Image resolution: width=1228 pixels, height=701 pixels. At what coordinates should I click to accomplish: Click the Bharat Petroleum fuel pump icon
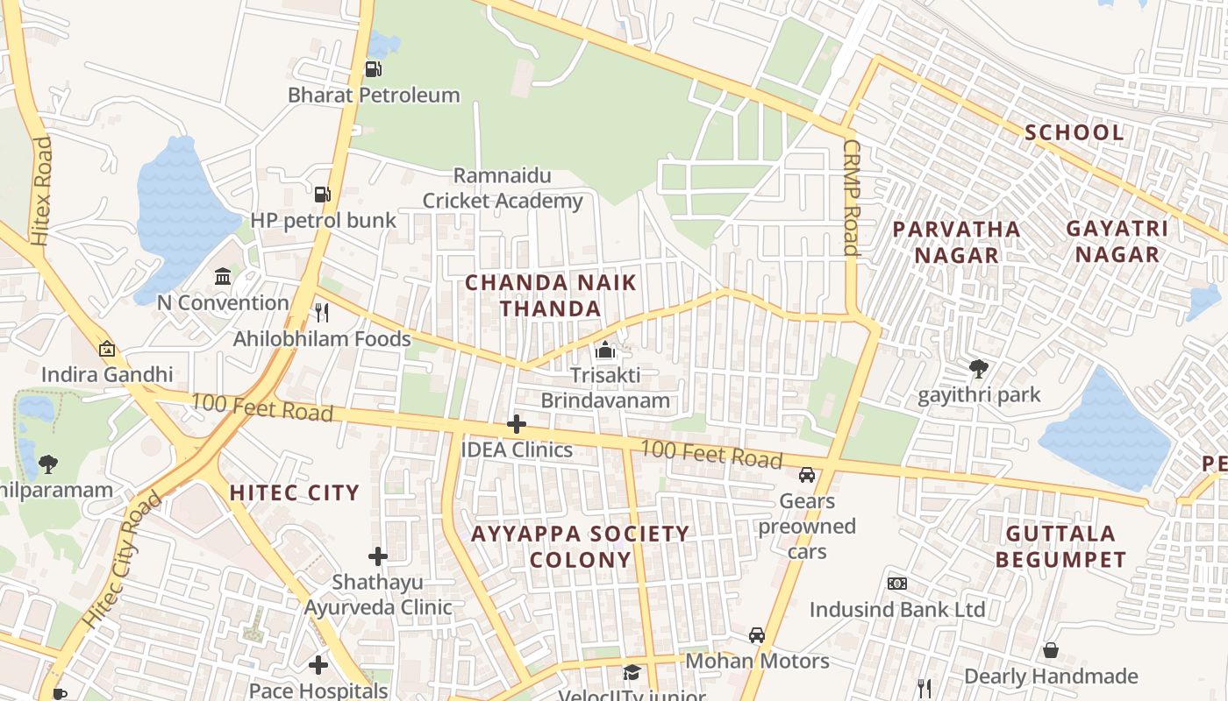(x=373, y=68)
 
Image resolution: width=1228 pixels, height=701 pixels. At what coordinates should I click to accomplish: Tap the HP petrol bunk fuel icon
(x=322, y=194)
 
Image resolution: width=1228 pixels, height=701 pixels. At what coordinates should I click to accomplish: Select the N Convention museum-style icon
(x=223, y=277)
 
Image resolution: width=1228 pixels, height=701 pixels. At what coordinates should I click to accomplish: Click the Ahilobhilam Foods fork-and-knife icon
(x=322, y=312)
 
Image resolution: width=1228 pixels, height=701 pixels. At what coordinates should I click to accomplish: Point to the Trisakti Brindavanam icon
(x=604, y=350)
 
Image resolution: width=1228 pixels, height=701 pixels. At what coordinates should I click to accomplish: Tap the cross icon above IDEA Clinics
(x=517, y=424)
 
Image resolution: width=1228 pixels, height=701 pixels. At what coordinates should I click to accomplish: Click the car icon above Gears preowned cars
(x=807, y=475)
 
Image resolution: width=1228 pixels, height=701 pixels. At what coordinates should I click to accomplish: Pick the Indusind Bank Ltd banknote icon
(x=896, y=584)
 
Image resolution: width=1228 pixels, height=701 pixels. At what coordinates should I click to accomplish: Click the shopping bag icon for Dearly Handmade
(x=1051, y=650)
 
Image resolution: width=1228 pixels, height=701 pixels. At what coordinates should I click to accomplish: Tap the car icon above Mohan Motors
(x=757, y=635)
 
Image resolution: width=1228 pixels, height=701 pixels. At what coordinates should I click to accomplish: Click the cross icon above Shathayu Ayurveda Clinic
(x=378, y=556)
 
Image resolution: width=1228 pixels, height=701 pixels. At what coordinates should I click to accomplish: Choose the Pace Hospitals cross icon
(x=318, y=665)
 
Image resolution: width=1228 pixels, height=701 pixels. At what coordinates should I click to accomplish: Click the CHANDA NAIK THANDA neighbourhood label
(x=551, y=295)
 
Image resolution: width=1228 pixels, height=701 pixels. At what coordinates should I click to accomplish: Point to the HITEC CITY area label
(x=295, y=492)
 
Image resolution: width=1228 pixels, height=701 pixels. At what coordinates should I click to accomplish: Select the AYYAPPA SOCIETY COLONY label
(x=581, y=546)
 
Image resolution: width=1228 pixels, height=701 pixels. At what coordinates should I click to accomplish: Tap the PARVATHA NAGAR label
(x=956, y=242)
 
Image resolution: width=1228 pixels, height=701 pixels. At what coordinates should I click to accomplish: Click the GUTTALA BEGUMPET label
(x=1060, y=546)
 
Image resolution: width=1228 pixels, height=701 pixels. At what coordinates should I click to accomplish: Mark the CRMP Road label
(x=850, y=197)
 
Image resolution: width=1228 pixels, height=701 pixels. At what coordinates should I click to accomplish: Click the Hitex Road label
(x=41, y=191)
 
